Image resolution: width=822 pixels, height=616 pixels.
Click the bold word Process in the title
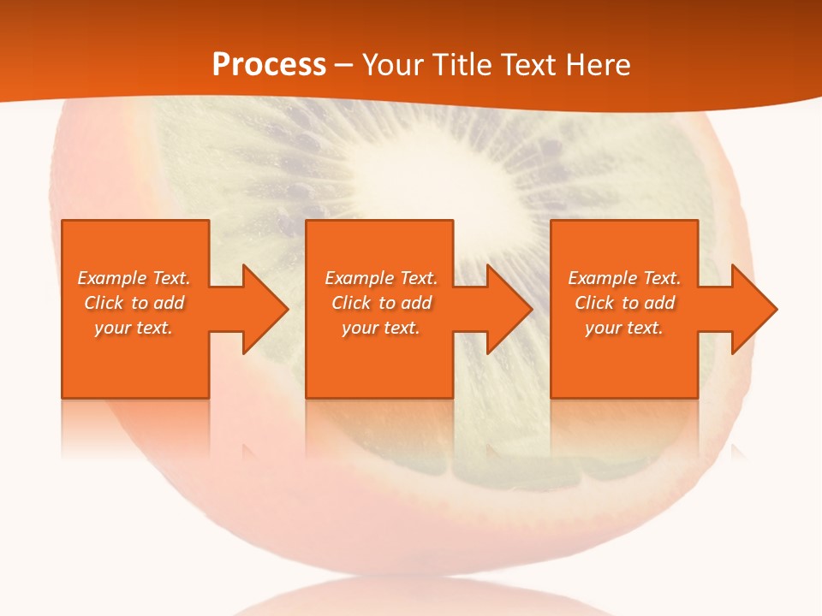(269, 65)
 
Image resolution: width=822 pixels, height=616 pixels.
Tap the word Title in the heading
(462, 65)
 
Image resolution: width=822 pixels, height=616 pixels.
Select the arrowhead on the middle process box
(508, 309)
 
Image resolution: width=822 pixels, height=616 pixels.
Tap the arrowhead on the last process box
(753, 309)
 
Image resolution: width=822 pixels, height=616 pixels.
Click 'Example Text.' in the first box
(134, 278)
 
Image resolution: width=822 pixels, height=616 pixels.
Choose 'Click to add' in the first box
(134, 303)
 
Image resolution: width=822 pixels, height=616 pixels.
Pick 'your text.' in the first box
(134, 328)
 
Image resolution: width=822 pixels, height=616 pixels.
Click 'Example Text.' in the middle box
(381, 278)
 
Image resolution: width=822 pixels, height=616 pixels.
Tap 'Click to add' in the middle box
(381, 303)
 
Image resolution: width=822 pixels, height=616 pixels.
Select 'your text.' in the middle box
(381, 328)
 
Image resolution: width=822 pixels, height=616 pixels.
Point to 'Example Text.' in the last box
(624, 278)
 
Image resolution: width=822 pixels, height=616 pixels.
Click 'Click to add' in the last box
(624, 303)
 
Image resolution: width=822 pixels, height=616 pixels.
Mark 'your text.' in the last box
(624, 328)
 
